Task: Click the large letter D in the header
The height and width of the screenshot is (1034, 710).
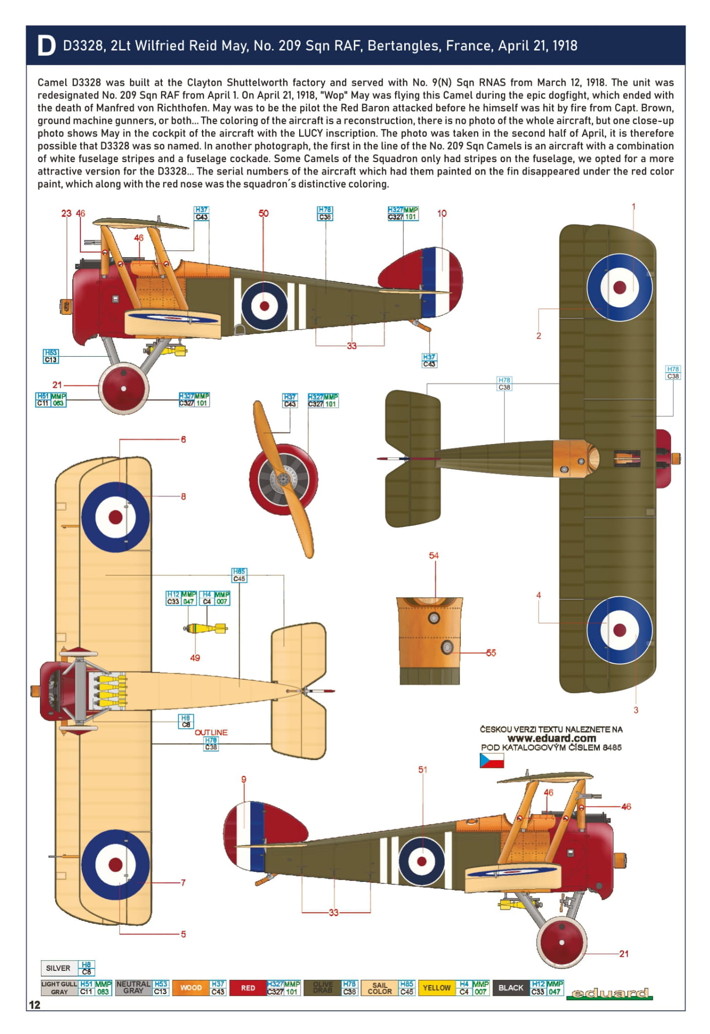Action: coord(46,46)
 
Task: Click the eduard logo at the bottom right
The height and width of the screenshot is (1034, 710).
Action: coord(609,993)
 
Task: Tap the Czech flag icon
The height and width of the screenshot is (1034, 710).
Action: coord(491,760)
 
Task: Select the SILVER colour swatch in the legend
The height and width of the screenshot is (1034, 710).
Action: coord(58,968)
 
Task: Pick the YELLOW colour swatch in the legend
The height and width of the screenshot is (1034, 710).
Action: coord(436,988)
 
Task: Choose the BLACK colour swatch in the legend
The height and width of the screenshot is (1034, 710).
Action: coord(511,988)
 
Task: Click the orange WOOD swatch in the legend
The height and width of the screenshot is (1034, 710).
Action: coord(191,988)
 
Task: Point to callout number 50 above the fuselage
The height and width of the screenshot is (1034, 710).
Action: coord(263,213)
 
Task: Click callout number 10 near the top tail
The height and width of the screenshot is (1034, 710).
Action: coord(442,213)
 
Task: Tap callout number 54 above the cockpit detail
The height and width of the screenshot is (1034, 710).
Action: coord(434,556)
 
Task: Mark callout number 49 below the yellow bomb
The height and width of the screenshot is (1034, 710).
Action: coord(195,658)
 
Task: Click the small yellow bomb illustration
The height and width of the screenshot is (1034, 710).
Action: coord(205,628)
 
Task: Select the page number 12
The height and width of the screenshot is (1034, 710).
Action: coord(34,1005)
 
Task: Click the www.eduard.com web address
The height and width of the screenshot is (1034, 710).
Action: coord(551,738)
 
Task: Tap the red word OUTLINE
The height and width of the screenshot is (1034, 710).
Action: coord(211,732)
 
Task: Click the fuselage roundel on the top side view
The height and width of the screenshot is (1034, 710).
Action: coord(264,306)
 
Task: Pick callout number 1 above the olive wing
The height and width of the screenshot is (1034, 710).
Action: coord(633,207)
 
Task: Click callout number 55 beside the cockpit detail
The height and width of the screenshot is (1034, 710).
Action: coord(491,653)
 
